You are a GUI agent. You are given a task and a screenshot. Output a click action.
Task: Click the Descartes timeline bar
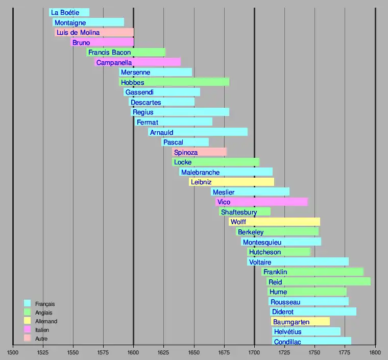161,102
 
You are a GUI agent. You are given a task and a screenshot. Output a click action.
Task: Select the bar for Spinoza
199,152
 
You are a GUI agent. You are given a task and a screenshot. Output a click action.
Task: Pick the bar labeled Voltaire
298,262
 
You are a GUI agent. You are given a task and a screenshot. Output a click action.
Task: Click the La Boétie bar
69,12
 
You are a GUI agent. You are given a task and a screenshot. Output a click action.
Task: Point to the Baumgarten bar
300,322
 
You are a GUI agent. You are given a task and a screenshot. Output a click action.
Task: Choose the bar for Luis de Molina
94,32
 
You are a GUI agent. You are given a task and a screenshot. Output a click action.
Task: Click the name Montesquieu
262,242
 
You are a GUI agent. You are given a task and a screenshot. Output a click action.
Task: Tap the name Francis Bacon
109,52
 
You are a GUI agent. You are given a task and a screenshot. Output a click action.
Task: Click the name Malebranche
200,172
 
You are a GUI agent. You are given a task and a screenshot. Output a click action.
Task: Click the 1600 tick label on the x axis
133,352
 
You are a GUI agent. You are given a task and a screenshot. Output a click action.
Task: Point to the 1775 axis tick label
345,352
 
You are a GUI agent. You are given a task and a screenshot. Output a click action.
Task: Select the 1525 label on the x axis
43,352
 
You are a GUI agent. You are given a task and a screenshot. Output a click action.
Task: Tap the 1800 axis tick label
375,352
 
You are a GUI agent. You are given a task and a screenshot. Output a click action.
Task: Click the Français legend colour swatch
28,303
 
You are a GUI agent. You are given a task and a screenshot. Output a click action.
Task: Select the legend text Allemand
46,321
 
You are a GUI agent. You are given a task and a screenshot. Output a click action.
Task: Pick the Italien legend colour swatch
28,330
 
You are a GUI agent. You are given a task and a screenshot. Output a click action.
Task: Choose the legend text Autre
41,339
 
